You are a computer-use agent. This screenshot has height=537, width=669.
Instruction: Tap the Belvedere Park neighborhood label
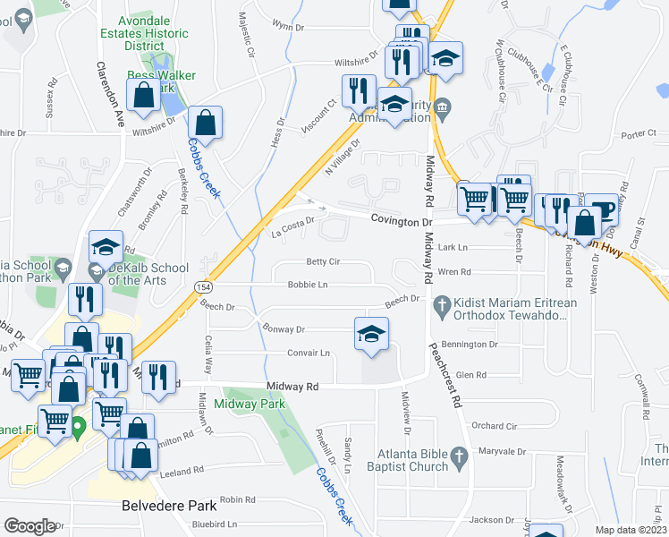point(175,506)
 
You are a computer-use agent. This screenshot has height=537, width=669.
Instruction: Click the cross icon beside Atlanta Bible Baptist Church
point(459,458)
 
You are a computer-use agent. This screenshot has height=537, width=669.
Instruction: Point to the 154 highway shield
point(204,285)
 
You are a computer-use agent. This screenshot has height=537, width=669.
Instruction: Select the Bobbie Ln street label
point(308,285)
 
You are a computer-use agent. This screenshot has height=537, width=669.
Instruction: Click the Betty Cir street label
point(323,261)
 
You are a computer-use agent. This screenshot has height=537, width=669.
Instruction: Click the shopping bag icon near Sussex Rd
point(143,95)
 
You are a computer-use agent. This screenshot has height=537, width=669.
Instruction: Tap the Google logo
point(30,525)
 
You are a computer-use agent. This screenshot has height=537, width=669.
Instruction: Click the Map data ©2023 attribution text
point(631,530)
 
